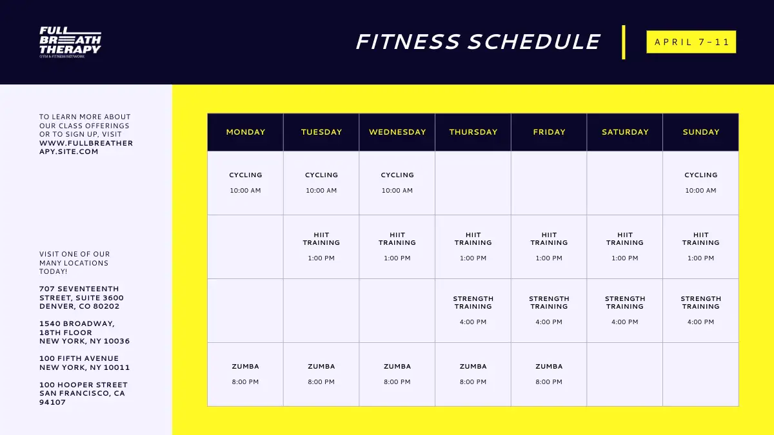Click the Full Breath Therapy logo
tap(70, 42)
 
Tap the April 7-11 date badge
tap(691, 42)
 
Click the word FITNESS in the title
tap(408, 42)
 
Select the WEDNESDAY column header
tap(397, 132)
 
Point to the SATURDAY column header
tap(625, 132)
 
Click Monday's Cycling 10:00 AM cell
tap(245, 183)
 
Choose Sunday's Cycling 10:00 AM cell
tap(700, 183)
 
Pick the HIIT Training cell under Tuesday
tap(321, 247)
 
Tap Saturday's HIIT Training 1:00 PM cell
tap(625, 247)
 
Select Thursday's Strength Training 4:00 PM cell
tap(473, 311)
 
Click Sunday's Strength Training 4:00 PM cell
tap(700, 311)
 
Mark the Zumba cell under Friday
tap(549, 374)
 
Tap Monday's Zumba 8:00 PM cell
tap(245, 374)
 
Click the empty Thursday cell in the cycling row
tap(473, 183)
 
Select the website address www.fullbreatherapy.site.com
tap(86, 148)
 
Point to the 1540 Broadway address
tap(84, 333)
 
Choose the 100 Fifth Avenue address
tap(84, 363)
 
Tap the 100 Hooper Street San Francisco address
tap(83, 394)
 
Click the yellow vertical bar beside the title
tap(624, 42)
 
